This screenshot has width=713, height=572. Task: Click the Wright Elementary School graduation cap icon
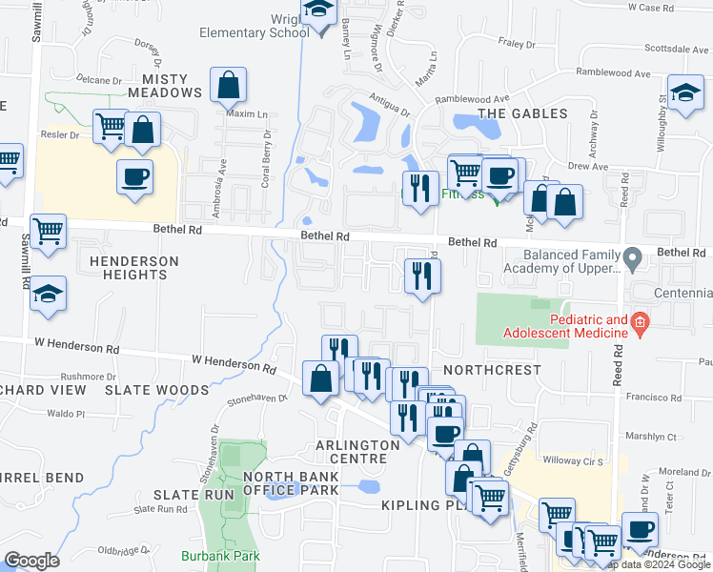pyautogui.click(x=317, y=11)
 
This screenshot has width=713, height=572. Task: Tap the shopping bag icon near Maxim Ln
pyautogui.click(x=229, y=87)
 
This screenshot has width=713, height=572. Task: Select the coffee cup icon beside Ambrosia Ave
pyautogui.click(x=134, y=176)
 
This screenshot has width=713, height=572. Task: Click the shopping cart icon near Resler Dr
pyautogui.click(x=111, y=126)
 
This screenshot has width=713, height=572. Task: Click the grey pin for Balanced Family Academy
pyautogui.click(x=631, y=258)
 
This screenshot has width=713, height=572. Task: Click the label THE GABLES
pyautogui.click(x=521, y=113)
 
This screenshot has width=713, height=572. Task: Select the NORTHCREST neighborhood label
pyautogui.click(x=492, y=370)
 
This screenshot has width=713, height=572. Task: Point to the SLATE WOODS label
pyautogui.click(x=156, y=390)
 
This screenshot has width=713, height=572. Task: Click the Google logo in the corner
pyautogui.click(x=31, y=561)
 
